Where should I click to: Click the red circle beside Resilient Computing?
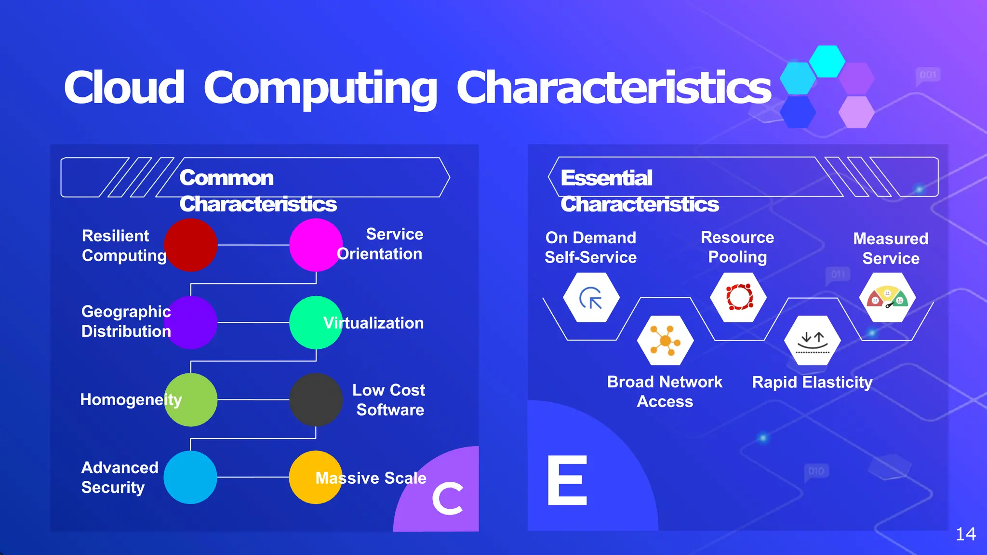click(x=191, y=245)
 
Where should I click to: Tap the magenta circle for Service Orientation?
click(x=316, y=245)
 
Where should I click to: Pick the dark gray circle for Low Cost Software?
click(x=316, y=400)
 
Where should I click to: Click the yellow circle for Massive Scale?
click(x=316, y=477)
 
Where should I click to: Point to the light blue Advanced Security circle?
click(x=190, y=477)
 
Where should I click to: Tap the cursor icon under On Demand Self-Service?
click(x=591, y=298)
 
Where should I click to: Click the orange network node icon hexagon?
click(x=665, y=341)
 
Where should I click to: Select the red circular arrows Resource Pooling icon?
click(x=739, y=297)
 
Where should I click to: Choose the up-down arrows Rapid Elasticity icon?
click(x=813, y=341)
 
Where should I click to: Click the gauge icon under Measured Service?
click(x=887, y=298)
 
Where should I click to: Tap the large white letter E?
click(x=568, y=480)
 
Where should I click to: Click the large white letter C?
click(x=448, y=499)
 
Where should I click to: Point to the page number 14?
click(x=965, y=534)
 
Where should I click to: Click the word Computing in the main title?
click(x=320, y=88)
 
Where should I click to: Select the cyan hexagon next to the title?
click(x=827, y=61)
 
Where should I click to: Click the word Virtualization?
click(x=373, y=323)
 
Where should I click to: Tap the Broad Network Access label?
click(x=665, y=391)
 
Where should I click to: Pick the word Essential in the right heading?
click(x=606, y=178)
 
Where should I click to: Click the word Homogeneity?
click(x=131, y=399)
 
